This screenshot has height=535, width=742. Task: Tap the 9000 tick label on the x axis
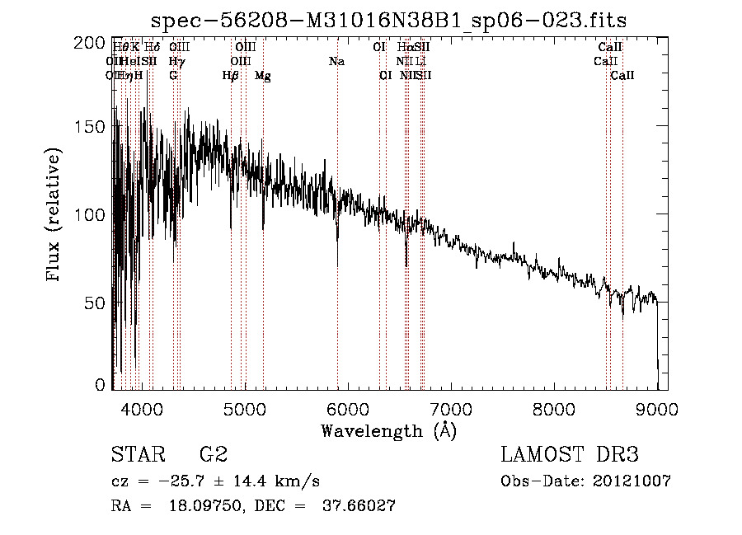657,406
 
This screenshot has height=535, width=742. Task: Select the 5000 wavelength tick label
243,406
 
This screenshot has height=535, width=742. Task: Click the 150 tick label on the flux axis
90,126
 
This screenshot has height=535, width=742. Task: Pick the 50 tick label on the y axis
96,303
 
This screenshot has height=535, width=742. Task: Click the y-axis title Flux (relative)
54,216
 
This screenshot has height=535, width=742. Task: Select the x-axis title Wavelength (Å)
388,430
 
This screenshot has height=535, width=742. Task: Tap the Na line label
336,62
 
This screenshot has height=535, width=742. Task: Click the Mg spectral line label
262,76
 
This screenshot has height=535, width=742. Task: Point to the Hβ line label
231,76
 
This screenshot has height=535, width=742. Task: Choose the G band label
173,76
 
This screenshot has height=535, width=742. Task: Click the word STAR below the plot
136,454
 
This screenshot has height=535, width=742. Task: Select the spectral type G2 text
213,454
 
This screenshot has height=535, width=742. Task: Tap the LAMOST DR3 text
569,454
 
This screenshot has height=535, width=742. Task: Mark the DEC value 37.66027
358,507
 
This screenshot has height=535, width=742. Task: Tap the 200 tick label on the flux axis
90,44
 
